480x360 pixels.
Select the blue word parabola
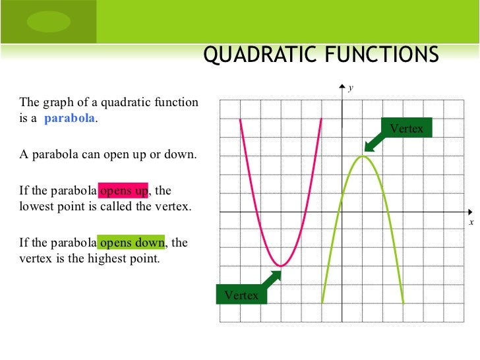pyautogui.click(x=70, y=119)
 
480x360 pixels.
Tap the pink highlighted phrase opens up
pyautogui.click(x=124, y=191)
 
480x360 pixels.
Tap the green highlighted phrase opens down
pyautogui.click(x=131, y=243)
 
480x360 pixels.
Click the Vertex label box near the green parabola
pyautogui.click(x=407, y=128)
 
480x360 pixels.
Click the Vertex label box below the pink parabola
pyautogui.click(x=241, y=295)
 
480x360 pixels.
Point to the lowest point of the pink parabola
pyautogui.click(x=281, y=266)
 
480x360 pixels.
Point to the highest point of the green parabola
pyautogui.click(x=362, y=156)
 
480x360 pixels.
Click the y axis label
pyautogui.click(x=351, y=87)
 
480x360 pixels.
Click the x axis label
pyautogui.click(x=471, y=223)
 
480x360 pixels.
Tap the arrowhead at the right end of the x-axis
pyautogui.click(x=469, y=212)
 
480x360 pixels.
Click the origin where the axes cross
pyautogui.click(x=342, y=212)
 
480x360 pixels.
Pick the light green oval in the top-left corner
pyautogui.click(x=47, y=21)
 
